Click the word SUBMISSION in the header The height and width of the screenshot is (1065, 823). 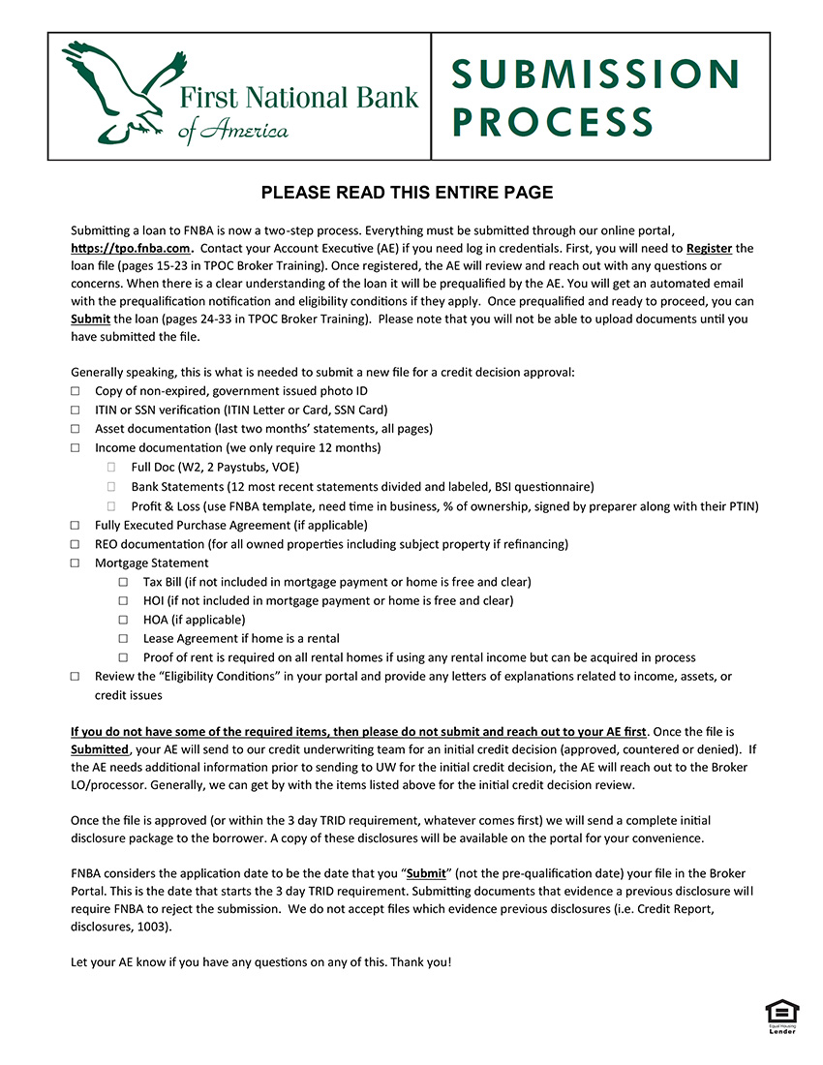point(594,75)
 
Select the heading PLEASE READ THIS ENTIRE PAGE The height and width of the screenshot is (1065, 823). point(407,193)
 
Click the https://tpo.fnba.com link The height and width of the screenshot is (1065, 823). point(130,248)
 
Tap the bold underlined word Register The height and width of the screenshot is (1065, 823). point(709,248)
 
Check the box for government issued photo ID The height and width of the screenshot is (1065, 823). point(76,392)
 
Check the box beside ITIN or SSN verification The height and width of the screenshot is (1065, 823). point(76,411)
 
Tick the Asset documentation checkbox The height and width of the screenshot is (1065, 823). point(76,429)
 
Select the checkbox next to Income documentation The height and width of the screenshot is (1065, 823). point(76,448)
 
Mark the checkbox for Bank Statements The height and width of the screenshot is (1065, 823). point(112,487)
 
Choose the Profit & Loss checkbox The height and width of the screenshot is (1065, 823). point(112,506)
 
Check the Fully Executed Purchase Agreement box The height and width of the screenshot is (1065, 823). point(76,525)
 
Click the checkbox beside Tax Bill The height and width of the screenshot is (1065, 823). point(123,582)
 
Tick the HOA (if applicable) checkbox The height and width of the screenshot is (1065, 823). point(123,620)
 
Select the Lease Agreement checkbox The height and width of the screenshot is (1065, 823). point(123,639)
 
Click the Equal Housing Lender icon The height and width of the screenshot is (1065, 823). point(782,1017)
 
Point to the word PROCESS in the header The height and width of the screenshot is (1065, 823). point(553,123)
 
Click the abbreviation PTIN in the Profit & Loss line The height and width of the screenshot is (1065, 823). point(741,506)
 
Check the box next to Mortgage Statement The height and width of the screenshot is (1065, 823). point(76,563)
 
